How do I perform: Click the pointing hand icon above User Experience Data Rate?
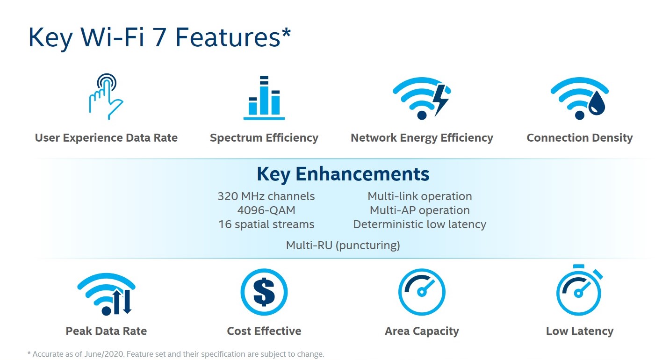coord(106,97)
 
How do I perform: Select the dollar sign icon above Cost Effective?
coord(264,292)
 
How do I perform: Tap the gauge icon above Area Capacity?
coord(422,292)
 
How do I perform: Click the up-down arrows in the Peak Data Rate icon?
coord(122,302)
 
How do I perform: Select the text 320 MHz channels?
coord(266,196)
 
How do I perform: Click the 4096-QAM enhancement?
coord(266,210)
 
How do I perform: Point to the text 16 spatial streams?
coord(266,224)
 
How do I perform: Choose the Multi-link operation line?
coord(420,196)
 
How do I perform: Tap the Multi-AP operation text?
coord(420,210)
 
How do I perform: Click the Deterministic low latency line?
coord(420,224)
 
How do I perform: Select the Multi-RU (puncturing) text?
coord(343,245)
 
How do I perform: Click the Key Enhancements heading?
coord(343,174)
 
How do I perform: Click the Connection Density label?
coord(579,138)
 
